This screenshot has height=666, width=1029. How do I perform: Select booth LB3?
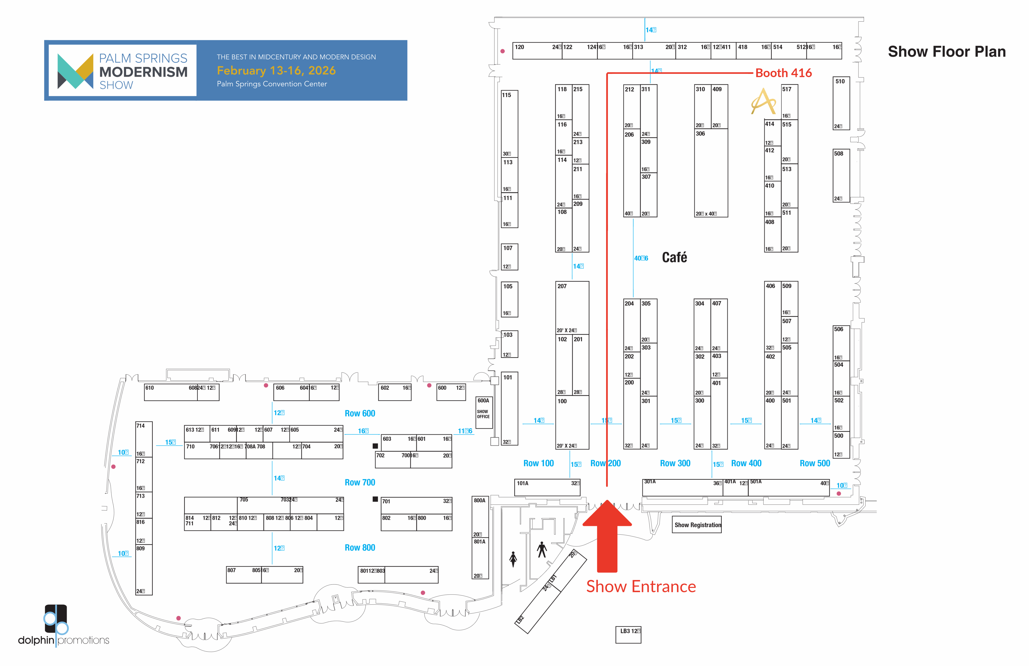click(628, 635)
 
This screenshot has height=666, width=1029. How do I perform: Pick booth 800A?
click(480, 517)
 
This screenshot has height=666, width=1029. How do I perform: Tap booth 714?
click(143, 437)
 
